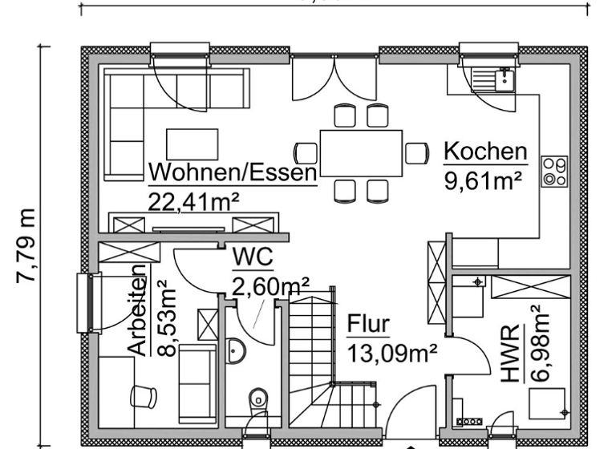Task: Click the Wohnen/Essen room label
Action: tap(233, 172)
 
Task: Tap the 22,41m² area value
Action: tap(194, 201)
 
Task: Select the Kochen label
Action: tap(485, 151)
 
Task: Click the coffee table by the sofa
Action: tap(192, 144)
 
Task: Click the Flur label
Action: tap(368, 324)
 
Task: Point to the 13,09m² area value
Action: tap(392, 352)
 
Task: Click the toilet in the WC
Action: tap(258, 399)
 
